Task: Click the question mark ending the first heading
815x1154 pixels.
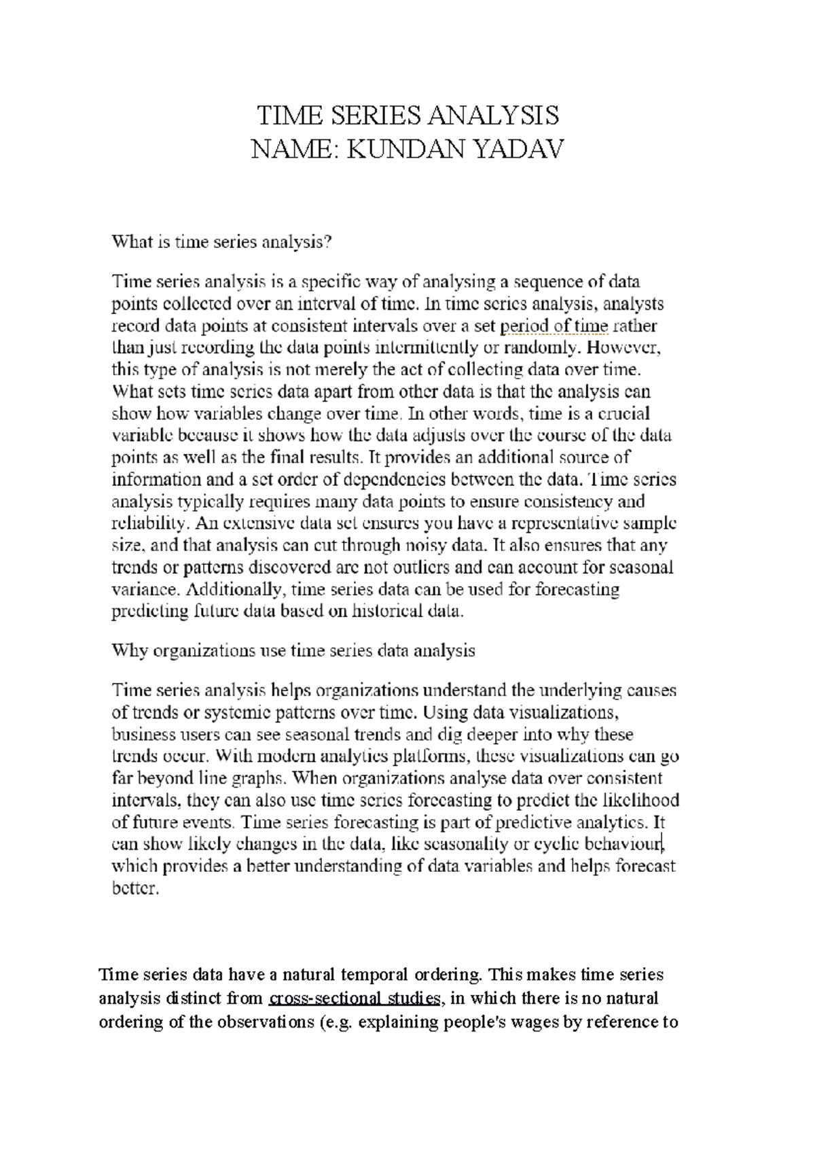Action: coord(331,242)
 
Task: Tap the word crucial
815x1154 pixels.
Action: coord(621,413)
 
